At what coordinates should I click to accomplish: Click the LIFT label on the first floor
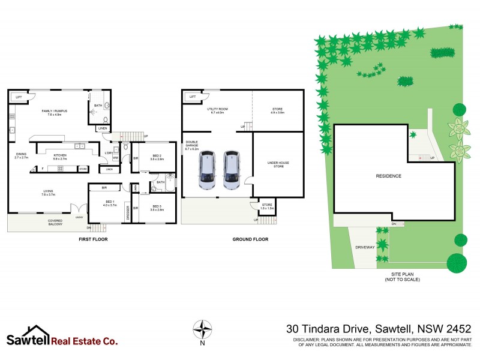point(19,97)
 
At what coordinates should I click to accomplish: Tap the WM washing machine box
point(115,158)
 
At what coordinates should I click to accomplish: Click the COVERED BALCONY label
point(55,223)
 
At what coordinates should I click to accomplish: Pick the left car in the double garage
point(207,170)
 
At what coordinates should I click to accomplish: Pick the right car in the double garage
point(232,170)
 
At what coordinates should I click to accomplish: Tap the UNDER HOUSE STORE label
point(278,163)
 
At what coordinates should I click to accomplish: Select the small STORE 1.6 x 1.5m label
point(267,207)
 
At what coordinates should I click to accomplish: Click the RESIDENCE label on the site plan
point(388,176)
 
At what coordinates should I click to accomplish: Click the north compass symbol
point(203,329)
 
